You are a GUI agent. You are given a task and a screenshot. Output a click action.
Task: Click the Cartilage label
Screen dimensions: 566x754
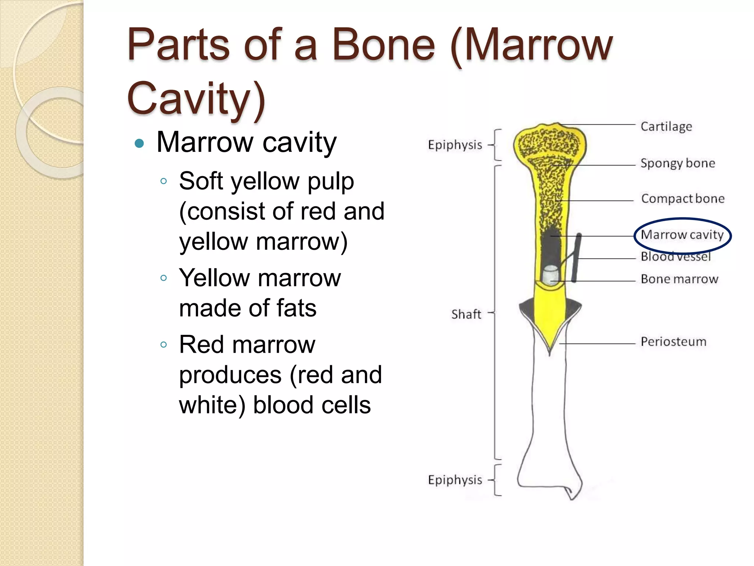(x=666, y=126)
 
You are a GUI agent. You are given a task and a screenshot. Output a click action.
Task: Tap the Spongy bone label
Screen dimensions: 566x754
(x=677, y=163)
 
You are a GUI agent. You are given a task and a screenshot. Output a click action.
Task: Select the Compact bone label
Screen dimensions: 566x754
(x=683, y=199)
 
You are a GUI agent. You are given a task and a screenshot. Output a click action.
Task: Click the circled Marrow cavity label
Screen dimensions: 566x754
(x=682, y=235)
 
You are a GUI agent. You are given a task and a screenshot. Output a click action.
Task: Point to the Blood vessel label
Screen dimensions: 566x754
(x=676, y=256)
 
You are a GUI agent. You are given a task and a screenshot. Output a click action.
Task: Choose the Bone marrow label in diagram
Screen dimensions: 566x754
(x=679, y=279)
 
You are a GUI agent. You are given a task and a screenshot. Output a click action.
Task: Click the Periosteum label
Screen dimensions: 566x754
(x=673, y=342)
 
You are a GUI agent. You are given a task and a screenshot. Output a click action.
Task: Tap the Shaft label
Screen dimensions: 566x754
(x=466, y=314)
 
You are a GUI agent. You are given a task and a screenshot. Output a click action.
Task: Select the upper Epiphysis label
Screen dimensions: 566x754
(x=455, y=145)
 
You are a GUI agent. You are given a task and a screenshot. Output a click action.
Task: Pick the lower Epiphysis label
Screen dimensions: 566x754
(x=455, y=480)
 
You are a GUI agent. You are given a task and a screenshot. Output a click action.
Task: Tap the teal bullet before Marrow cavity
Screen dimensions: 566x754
(x=139, y=143)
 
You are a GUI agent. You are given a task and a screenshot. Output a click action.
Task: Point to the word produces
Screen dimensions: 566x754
(x=230, y=375)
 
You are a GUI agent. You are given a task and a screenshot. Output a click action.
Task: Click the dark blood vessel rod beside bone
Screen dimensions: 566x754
(x=577, y=258)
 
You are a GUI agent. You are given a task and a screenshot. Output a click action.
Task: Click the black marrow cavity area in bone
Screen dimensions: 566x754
(x=551, y=247)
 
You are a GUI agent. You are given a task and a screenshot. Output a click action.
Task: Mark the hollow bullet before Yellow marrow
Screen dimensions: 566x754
(x=164, y=278)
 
